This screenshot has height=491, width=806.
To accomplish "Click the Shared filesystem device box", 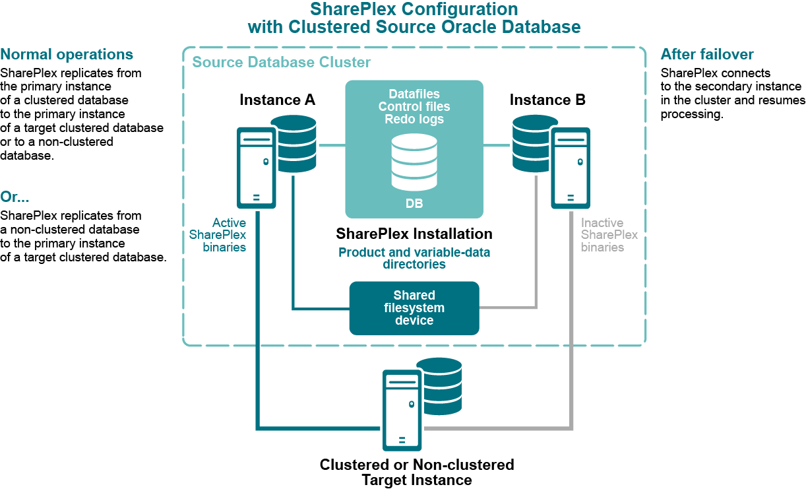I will [414, 308].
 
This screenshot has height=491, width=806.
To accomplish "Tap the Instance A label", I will [277, 100].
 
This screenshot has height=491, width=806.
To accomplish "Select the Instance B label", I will [547, 100].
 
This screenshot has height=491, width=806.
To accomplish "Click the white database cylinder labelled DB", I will [414, 162].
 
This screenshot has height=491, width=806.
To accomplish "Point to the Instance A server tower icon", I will [256, 168].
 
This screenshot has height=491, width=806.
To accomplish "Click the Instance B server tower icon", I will [571, 168].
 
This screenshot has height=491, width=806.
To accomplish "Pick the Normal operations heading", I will [67, 55].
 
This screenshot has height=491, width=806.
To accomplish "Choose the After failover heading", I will [707, 55].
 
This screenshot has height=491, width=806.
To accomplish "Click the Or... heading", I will [15, 197].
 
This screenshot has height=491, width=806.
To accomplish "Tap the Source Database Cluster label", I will [282, 63].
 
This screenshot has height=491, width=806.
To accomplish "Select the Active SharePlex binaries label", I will [218, 236].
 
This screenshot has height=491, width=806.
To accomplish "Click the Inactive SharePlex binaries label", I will [609, 236].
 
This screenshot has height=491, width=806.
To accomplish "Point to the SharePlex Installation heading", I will [414, 234].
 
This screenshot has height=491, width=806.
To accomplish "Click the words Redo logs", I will [414, 119].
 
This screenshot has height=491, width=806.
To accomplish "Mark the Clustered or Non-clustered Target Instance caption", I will [416, 472].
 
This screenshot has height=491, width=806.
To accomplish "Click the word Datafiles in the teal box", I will [414, 94].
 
